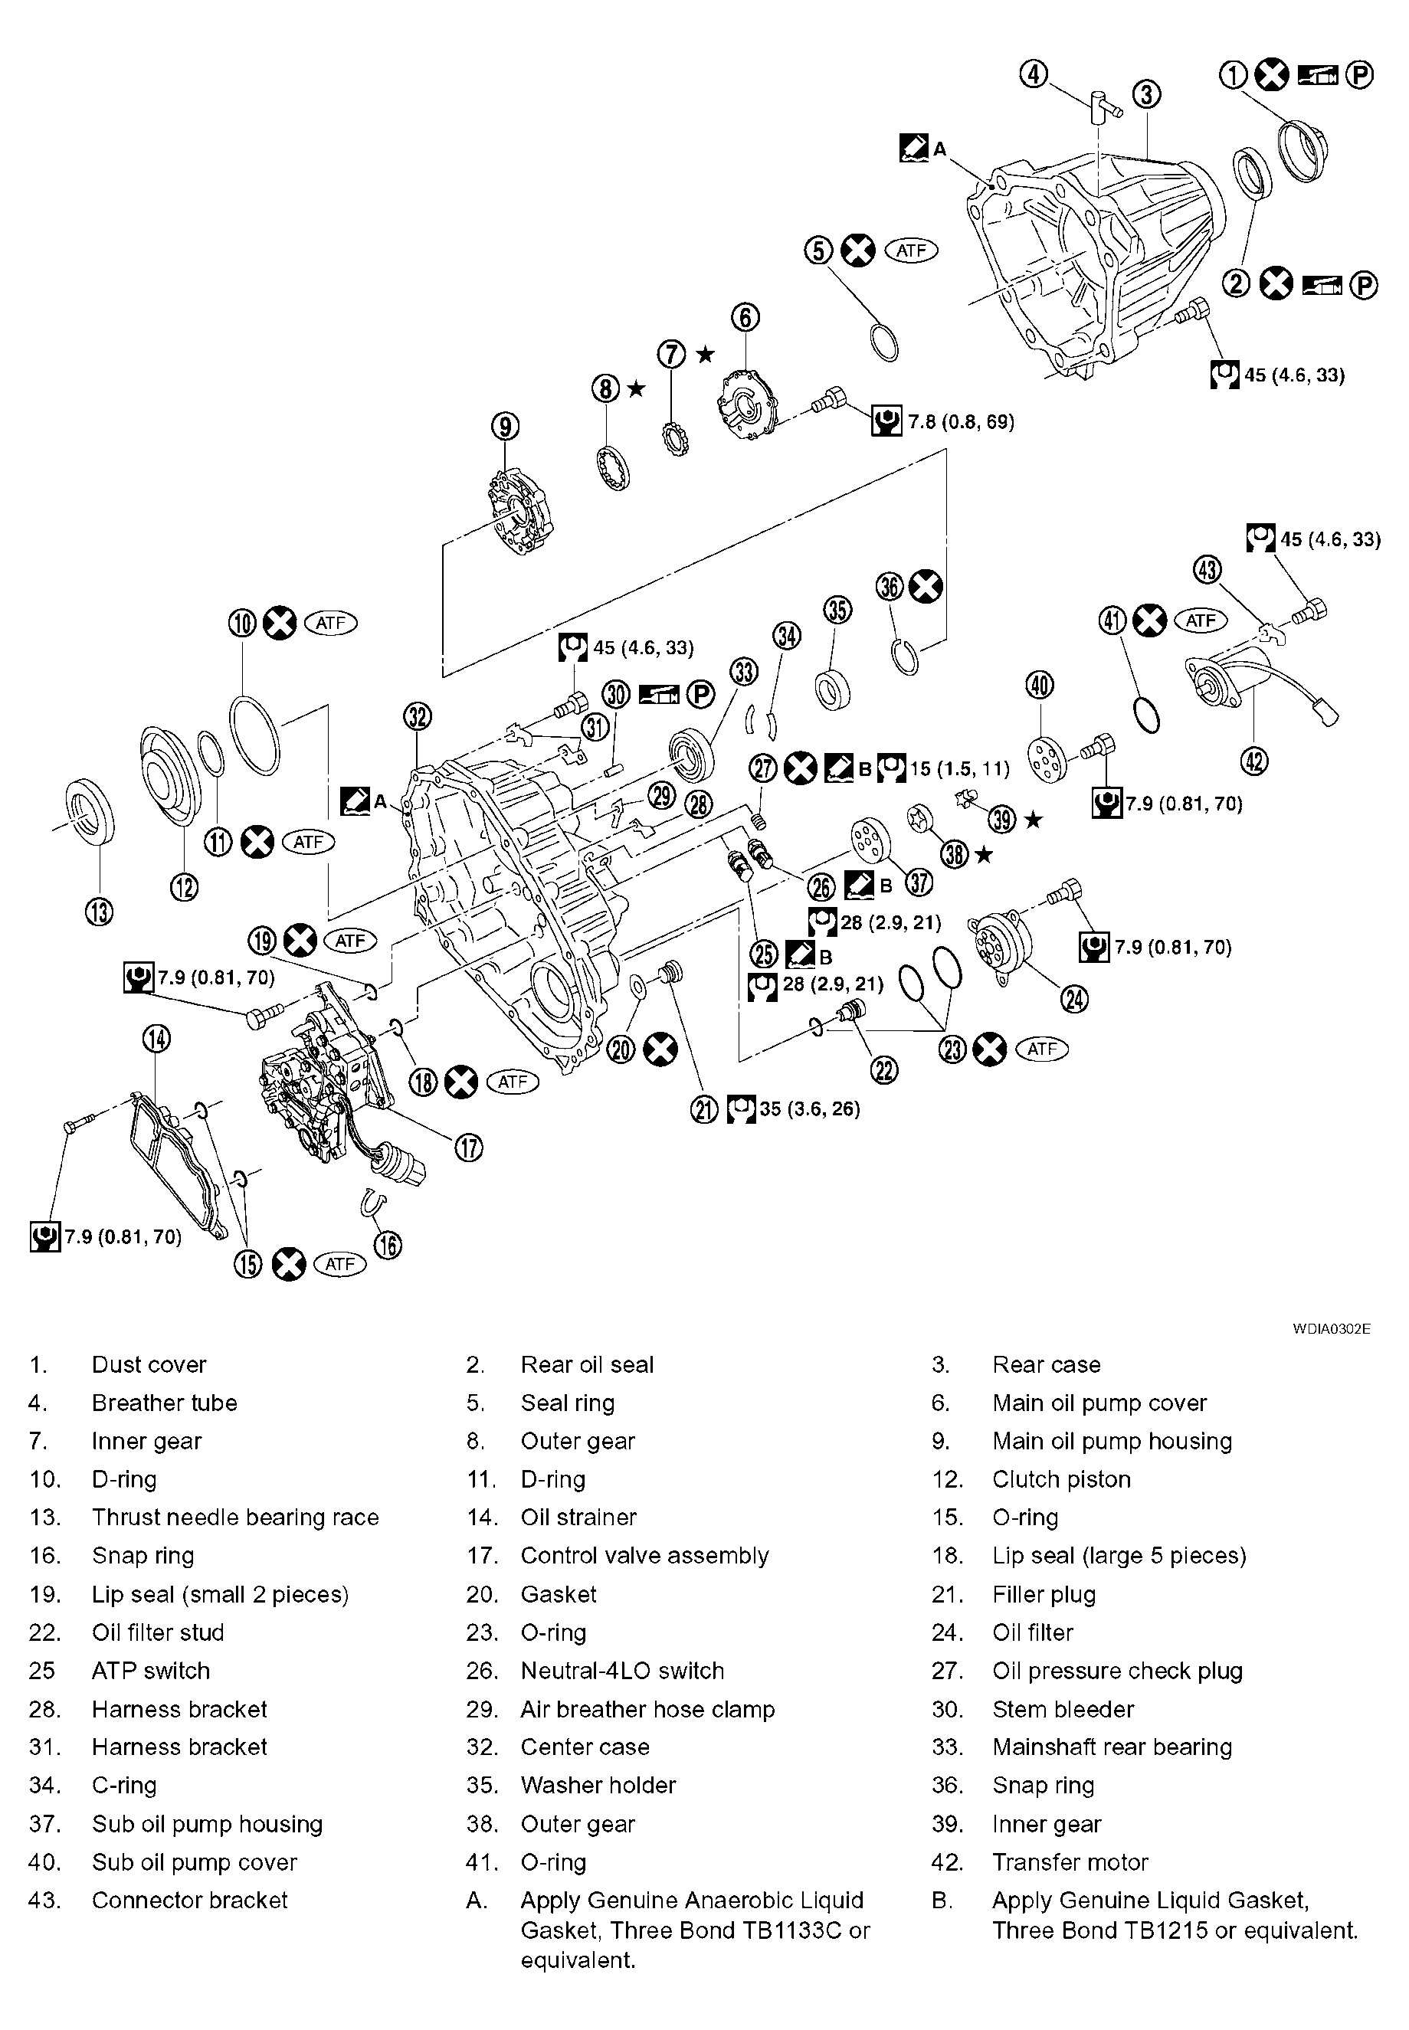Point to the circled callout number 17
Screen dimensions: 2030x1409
[469, 1148]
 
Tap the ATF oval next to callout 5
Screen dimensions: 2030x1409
[910, 250]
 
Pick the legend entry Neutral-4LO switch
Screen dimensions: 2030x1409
[621, 1670]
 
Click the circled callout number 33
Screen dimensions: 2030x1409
[743, 672]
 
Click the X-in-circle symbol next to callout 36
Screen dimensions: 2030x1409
[926, 586]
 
